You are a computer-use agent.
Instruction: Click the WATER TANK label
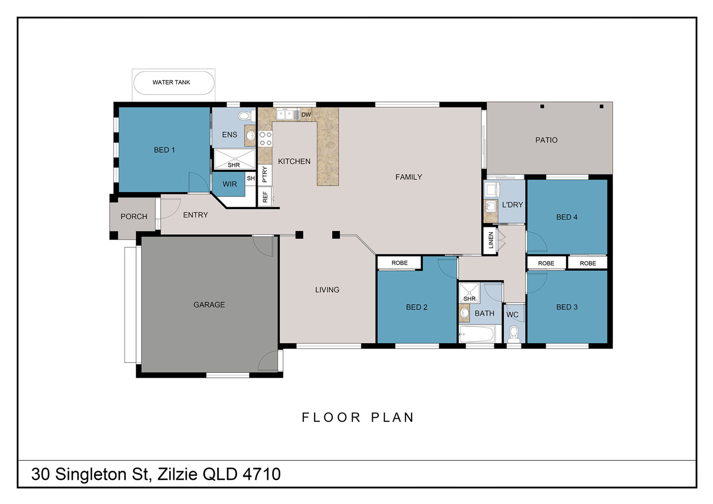click(171, 82)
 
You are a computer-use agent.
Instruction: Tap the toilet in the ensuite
click(247, 115)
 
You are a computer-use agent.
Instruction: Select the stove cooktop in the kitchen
click(265, 138)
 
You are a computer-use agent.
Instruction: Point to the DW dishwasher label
click(306, 115)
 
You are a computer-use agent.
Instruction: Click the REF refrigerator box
click(265, 196)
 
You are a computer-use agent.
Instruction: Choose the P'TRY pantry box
click(265, 175)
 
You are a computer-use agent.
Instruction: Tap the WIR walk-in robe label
click(230, 184)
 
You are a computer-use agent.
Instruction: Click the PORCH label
click(134, 216)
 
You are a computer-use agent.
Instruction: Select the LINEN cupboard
click(491, 240)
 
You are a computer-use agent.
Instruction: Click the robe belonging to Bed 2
click(399, 263)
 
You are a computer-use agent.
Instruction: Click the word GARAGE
click(209, 305)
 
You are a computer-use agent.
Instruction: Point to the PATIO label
click(546, 140)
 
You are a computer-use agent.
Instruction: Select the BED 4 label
click(567, 217)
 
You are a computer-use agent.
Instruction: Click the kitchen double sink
click(285, 114)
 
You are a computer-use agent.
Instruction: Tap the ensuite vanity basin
click(251, 136)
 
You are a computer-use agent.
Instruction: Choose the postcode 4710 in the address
click(261, 474)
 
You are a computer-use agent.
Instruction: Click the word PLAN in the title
click(393, 417)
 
